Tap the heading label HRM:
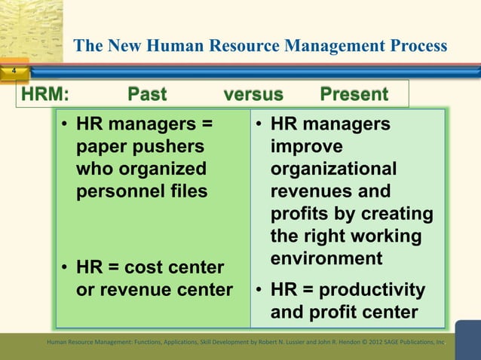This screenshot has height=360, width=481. [44, 94]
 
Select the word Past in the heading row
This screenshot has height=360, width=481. [148, 94]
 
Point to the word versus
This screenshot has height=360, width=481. [253, 94]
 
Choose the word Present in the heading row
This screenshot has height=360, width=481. [354, 94]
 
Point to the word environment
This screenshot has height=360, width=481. [326, 258]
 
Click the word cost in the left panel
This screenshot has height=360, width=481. [146, 267]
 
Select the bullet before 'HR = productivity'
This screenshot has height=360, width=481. [259, 290]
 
